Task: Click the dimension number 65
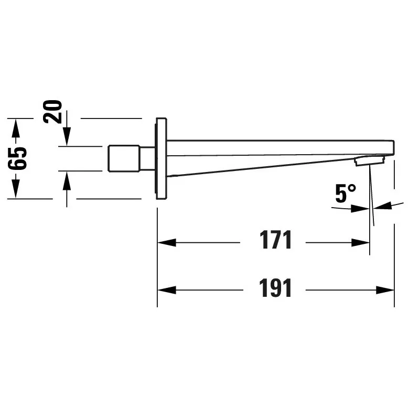pyautogui.click(x=17, y=158)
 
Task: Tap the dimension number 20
pyautogui.click(x=53, y=112)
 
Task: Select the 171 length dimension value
pyautogui.click(x=275, y=240)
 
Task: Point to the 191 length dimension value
pyautogui.click(x=275, y=288)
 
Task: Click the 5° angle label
pyautogui.click(x=346, y=193)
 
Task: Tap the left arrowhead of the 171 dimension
pyautogui.click(x=167, y=243)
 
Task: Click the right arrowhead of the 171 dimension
pyautogui.click(x=360, y=243)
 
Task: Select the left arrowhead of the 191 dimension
pyautogui.click(x=167, y=290)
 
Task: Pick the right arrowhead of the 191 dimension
pyautogui.click(x=385, y=290)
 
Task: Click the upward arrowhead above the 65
pyautogui.click(x=16, y=128)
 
